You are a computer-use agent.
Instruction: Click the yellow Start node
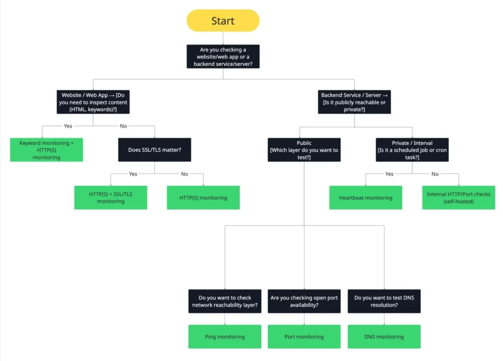(x=223, y=21)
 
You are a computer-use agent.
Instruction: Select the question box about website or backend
(x=223, y=56)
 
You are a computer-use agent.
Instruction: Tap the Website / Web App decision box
(x=93, y=102)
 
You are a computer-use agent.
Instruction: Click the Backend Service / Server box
(x=354, y=102)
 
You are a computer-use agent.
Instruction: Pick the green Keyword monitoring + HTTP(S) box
(x=47, y=150)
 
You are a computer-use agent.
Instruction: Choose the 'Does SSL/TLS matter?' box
(x=155, y=150)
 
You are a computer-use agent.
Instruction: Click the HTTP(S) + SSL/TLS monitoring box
(x=111, y=197)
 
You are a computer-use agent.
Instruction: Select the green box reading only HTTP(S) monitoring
(x=203, y=197)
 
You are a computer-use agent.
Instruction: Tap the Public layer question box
(x=304, y=150)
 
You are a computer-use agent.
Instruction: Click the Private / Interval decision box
(x=412, y=150)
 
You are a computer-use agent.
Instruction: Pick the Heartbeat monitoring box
(x=365, y=197)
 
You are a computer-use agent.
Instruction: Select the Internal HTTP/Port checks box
(x=458, y=197)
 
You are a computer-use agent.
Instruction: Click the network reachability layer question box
(x=225, y=301)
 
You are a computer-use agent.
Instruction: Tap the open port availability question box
(x=304, y=301)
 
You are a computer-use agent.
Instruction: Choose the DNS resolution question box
(x=384, y=301)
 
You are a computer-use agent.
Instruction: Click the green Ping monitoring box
(x=225, y=336)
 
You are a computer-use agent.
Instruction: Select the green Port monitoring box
(x=304, y=336)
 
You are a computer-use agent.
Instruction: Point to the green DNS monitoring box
(x=384, y=336)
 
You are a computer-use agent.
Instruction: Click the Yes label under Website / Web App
(x=68, y=126)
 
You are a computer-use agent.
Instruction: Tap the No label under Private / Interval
(x=435, y=174)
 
